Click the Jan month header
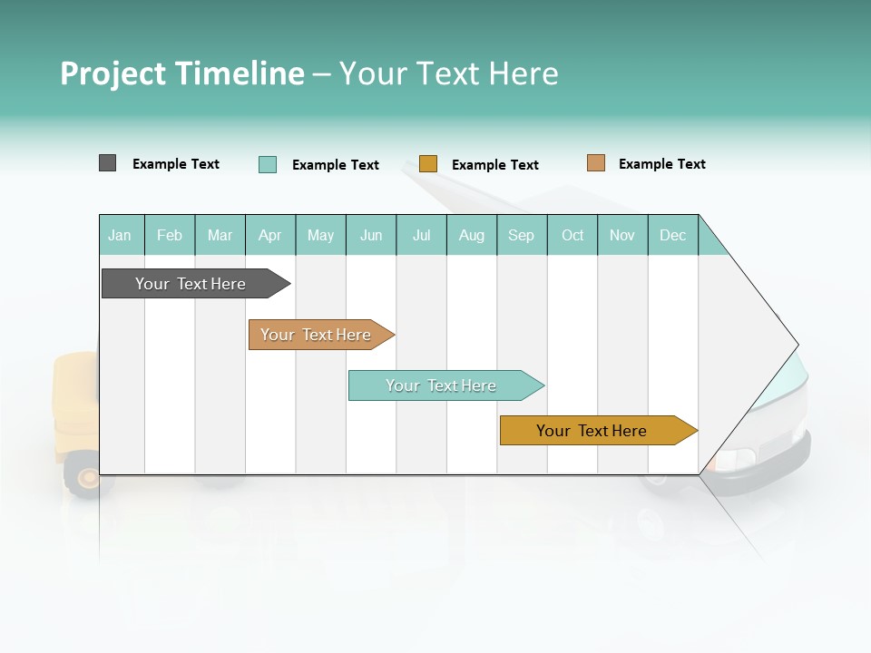click(121, 235)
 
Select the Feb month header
click(170, 235)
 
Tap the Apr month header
click(270, 235)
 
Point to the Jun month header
click(371, 235)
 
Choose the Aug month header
click(472, 235)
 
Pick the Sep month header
click(522, 235)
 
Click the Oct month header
click(573, 235)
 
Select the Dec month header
click(673, 235)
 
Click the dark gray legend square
click(107, 163)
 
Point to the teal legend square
click(268, 164)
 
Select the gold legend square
click(428, 164)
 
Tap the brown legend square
click(595, 163)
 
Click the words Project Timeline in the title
click(182, 73)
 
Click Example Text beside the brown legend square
click(661, 164)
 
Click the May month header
click(320, 235)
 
